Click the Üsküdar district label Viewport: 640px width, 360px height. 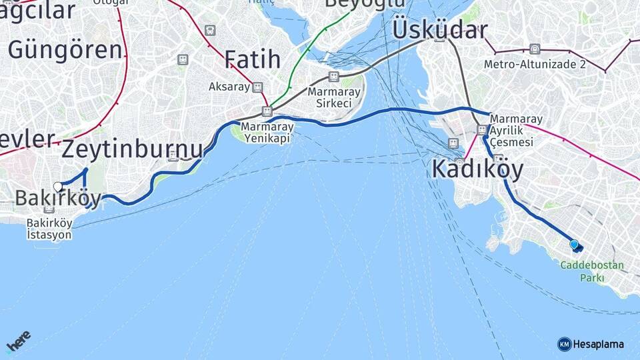[x=439, y=29]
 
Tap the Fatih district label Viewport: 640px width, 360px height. [x=252, y=59]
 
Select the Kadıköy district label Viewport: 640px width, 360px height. [x=477, y=169]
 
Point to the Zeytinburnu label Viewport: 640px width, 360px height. [x=132, y=149]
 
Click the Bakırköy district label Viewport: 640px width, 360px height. [x=57, y=198]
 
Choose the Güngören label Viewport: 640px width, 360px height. [x=65, y=49]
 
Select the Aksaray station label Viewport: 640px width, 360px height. [x=229, y=87]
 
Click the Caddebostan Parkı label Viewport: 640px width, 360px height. [x=592, y=271]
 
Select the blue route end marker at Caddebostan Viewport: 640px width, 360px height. [x=574, y=245]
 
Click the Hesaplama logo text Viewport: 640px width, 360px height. [x=598, y=344]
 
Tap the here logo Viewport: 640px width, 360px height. [x=18, y=341]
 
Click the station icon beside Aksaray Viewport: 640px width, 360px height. [x=257, y=87]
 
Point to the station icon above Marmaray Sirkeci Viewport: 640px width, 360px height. [x=333, y=77]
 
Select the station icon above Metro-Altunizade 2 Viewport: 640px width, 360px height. [x=534, y=49]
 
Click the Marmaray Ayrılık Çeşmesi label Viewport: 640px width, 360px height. [x=515, y=131]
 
